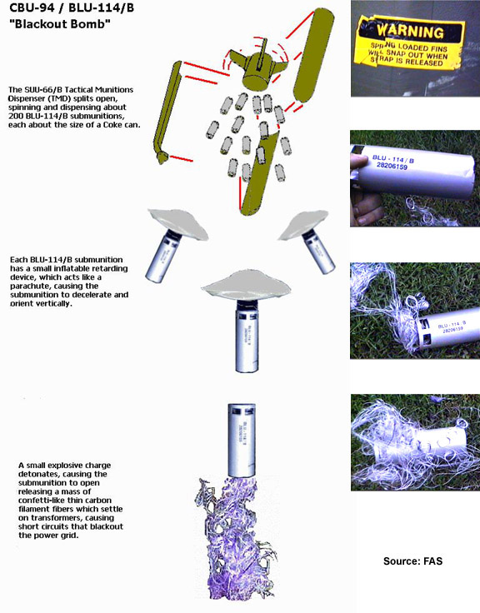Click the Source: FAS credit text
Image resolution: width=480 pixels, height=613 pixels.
(x=412, y=561)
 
